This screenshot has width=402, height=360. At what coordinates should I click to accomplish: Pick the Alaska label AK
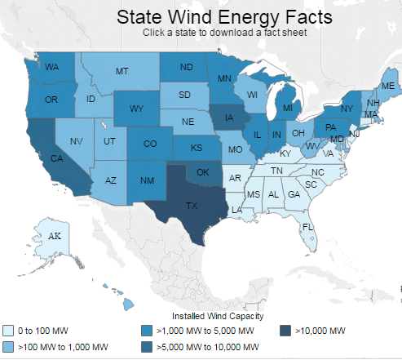point(55,236)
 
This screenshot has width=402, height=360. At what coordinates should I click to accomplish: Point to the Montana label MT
point(121,72)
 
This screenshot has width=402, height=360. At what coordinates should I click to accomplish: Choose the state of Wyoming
point(136,108)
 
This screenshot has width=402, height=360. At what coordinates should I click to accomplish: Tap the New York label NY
point(345,109)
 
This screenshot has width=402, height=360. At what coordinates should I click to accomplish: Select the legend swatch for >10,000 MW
point(285,331)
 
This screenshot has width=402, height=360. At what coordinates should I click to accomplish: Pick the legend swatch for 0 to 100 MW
point(7,331)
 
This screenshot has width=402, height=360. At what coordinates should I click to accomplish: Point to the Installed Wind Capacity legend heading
point(216,316)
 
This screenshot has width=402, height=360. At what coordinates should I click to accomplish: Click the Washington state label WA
point(51,67)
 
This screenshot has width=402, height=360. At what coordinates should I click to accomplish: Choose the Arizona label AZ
point(113,180)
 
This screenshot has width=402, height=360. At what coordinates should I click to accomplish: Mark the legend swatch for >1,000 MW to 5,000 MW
point(145,331)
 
